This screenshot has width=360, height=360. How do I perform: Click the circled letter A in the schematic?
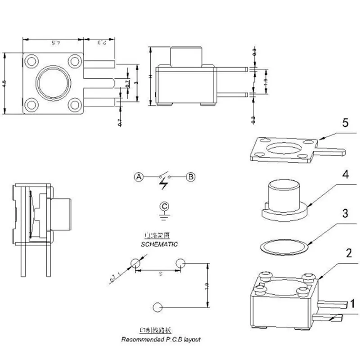pyautogui.click(x=139, y=177)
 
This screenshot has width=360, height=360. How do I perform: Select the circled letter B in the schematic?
pyautogui.click(x=191, y=177)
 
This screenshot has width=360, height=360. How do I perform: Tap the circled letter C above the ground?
pyautogui.click(x=165, y=207)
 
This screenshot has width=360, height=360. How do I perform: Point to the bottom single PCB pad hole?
pyautogui.click(x=157, y=308)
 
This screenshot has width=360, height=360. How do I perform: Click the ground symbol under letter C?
pyautogui.click(x=165, y=216)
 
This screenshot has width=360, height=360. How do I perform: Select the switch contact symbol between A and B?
pyautogui.click(x=165, y=177)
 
